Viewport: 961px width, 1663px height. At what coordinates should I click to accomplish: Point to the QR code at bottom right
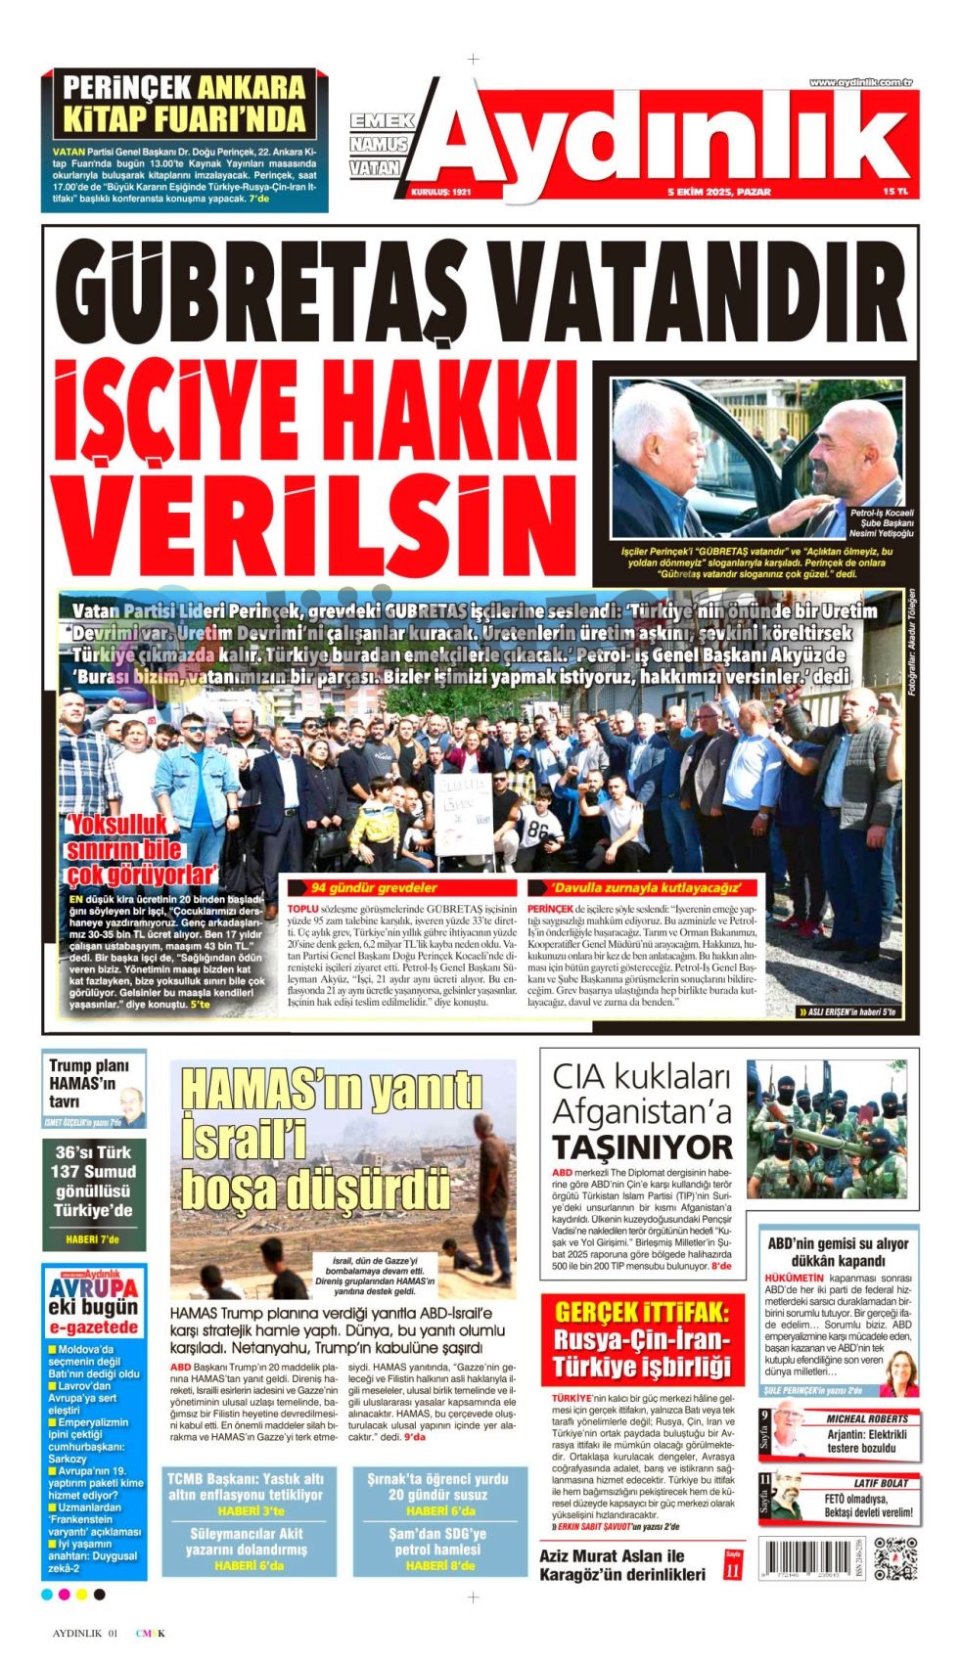pyautogui.click(x=894, y=1558)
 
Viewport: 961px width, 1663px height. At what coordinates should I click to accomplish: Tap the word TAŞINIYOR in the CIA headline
pyautogui.click(x=642, y=1146)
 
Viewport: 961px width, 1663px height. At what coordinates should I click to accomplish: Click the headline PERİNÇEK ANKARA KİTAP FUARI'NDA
pyautogui.click(x=184, y=103)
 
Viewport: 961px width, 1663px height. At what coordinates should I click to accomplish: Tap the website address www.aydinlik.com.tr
pyautogui.click(x=860, y=82)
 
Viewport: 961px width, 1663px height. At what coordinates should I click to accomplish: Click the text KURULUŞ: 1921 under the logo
pyautogui.click(x=440, y=193)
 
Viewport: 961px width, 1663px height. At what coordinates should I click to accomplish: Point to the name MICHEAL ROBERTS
pyautogui.click(x=866, y=1417)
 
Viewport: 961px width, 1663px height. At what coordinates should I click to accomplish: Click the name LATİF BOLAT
pyautogui.click(x=881, y=1483)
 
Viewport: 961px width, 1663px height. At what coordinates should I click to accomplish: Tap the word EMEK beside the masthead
pyautogui.click(x=382, y=121)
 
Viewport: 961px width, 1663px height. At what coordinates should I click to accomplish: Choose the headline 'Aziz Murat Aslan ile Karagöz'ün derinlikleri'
pyautogui.click(x=622, y=1564)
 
